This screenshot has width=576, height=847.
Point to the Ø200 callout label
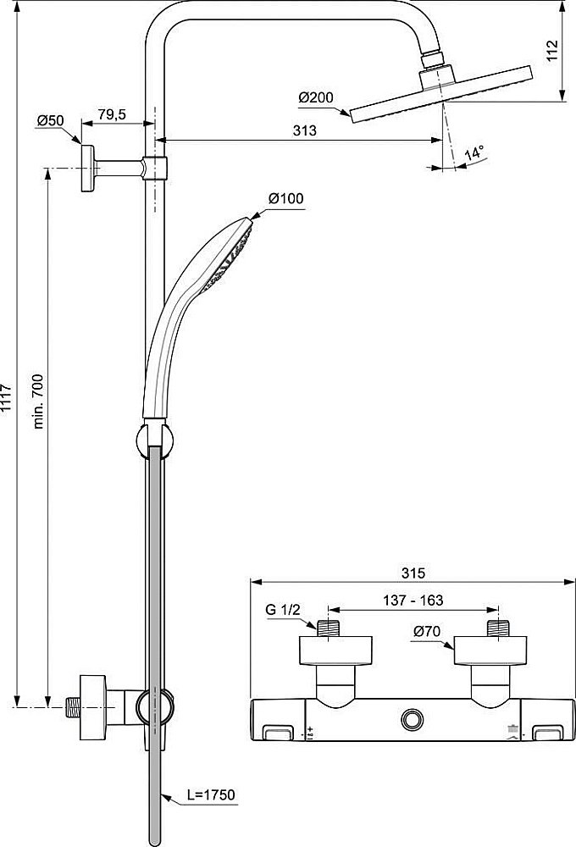(315, 98)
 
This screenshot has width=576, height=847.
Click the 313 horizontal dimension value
(304, 130)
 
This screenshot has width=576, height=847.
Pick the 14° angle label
(475, 153)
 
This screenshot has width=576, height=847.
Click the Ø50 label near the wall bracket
(50, 121)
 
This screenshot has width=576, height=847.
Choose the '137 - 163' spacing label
(412, 600)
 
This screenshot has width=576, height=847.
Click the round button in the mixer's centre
(413, 719)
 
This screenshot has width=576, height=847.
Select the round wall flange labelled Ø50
(87, 168)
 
